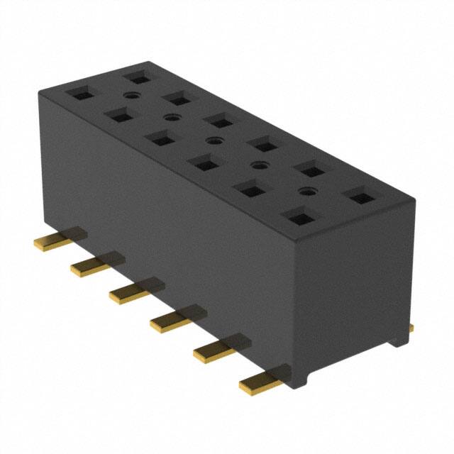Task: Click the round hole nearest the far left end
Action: click(131, 94)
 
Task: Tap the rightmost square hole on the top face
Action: click(360, 196)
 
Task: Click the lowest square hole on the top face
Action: click(297, 216)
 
